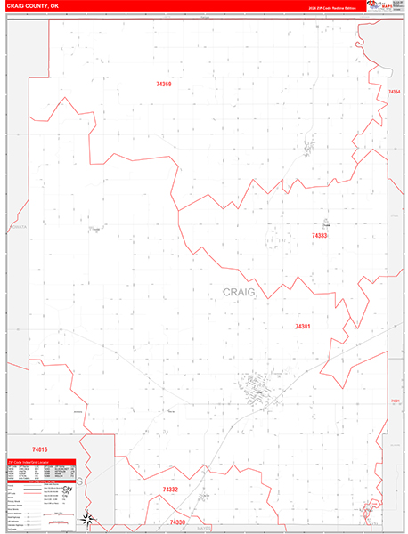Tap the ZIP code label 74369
tap(163, 84)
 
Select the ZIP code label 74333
tap(319, 236)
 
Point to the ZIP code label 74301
tap(302, 327)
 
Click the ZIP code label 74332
tap(171, 489)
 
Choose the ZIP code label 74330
tap(178, 522)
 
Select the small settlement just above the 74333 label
tap(326, 222)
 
